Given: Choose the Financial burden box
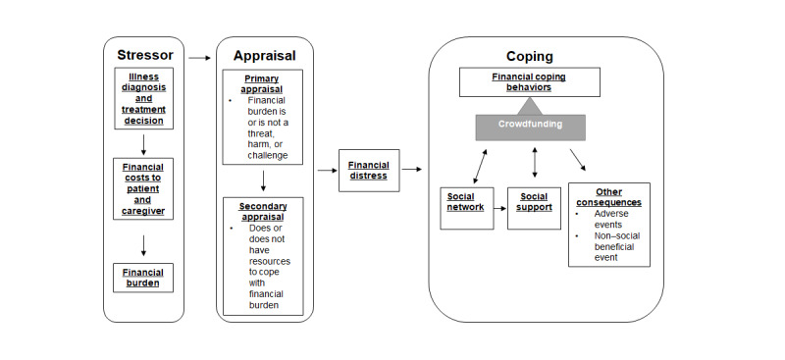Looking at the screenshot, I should (143, 277).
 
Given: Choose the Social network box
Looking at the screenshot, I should (467, 202).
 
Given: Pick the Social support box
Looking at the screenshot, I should (534, 202).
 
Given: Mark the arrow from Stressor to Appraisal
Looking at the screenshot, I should (199, 59).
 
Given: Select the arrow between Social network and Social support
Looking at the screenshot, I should (500, 203).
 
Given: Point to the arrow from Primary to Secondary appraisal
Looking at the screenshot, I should (264, 180).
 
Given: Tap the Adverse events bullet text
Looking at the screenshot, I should (612, 218).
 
